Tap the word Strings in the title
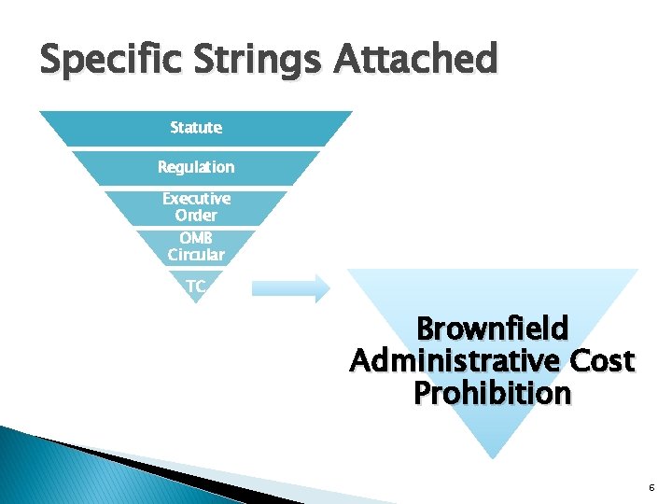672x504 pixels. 242,61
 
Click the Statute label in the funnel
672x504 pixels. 196,127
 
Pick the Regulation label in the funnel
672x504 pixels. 196,167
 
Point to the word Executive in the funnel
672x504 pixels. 196,199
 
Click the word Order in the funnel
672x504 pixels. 196,215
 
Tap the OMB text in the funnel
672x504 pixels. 196,238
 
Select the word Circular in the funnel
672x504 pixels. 196,254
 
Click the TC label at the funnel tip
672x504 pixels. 195,287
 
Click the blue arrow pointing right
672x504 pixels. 291,288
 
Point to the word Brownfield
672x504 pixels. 492,329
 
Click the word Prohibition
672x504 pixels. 492,394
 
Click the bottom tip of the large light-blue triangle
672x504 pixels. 492,456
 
